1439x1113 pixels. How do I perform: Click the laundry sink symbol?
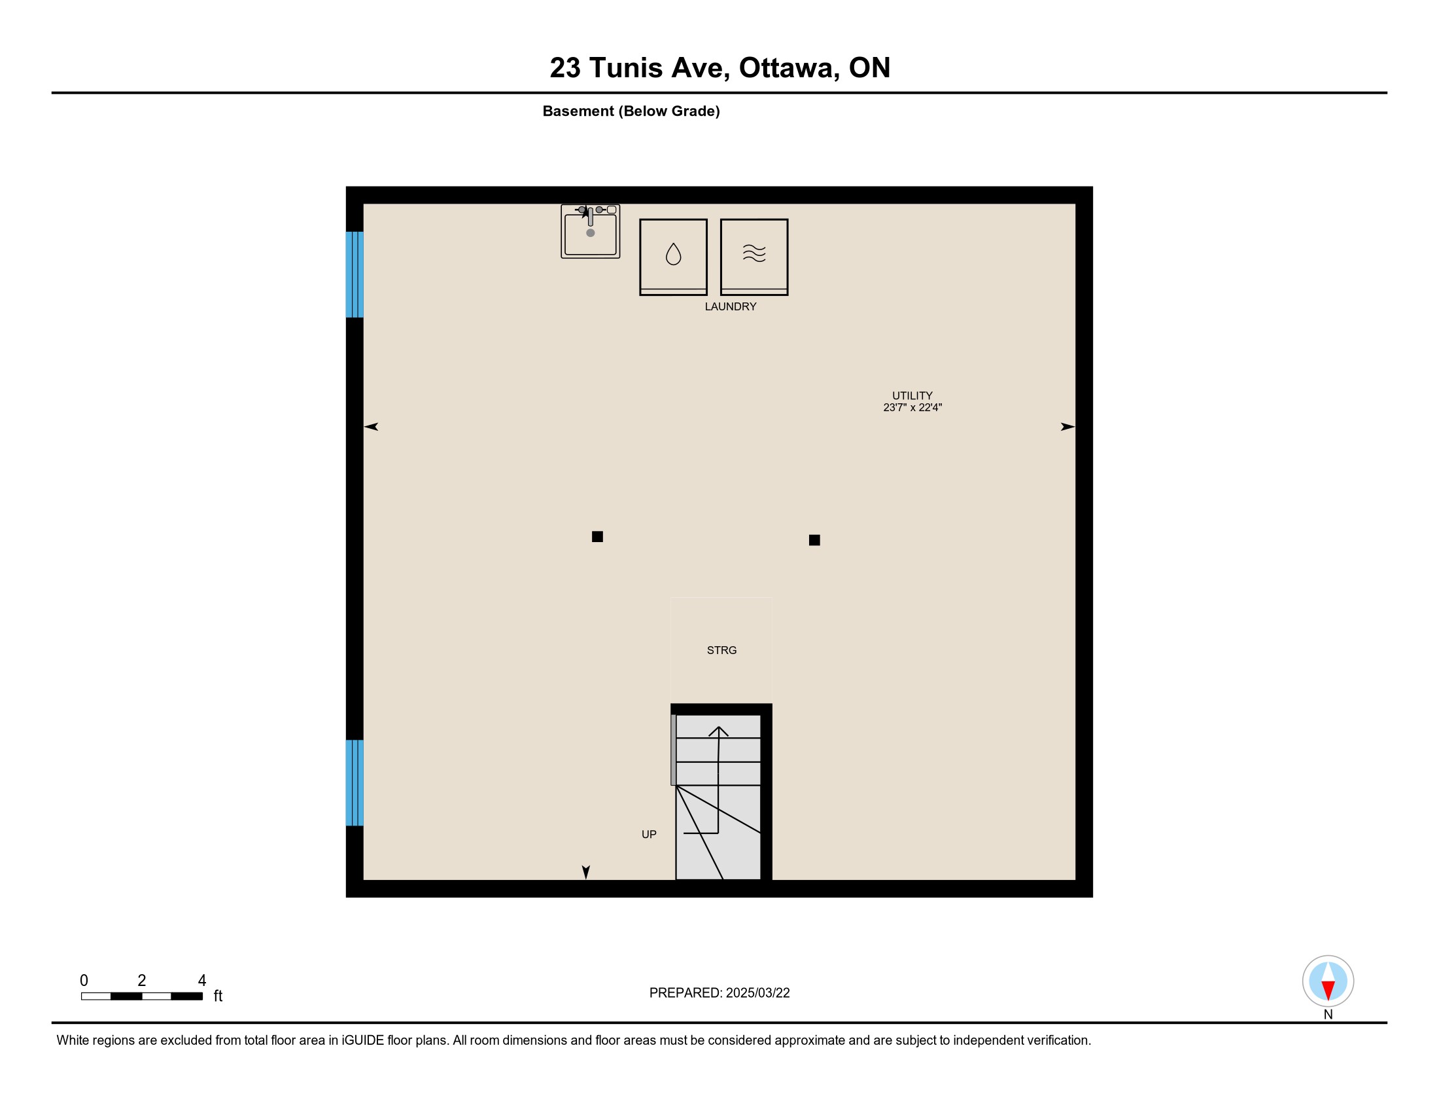(x=591, y=230)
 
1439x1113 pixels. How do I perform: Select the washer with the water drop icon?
(x=673, y=257)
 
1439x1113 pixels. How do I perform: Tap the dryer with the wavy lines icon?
(x=754, y=257)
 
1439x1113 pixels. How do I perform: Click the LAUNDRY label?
(x=731, y=306)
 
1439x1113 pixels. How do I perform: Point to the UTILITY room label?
(x=912, y=395)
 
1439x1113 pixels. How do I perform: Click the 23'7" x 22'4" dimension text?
(x=912, y=407)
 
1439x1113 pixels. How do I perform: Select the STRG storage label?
(x=721, y=650)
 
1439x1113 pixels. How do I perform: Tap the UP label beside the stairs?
(x=649, y=834)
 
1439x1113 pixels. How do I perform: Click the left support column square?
(x=598, y=537)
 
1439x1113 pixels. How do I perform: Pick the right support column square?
(x=814, y=540)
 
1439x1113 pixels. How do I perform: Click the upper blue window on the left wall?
(x=355, y=274)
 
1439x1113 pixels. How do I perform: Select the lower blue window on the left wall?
(x=355, y=782)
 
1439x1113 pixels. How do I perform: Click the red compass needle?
(x=1328, y=990)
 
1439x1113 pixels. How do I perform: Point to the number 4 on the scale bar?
(x=202, y=980)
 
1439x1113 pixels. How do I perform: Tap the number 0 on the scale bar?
(x=84, y=980)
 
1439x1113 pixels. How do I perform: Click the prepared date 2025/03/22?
(x=757, y=993)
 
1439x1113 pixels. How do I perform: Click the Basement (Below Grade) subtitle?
(x=631, y=111)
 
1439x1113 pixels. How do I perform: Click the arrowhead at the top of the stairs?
(x=718, y=731)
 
